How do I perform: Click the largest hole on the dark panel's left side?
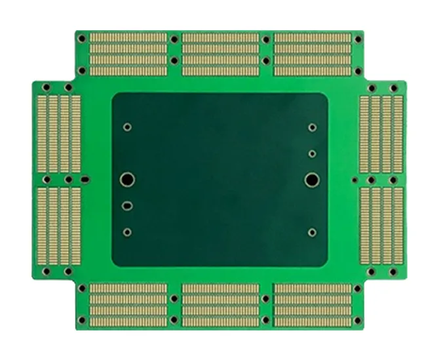click(x=126, y=178)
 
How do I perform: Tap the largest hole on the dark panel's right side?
click(x=311, y=178)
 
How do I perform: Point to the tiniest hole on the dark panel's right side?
click(x=313, y=154)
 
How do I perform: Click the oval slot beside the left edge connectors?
click(x=85, y=178)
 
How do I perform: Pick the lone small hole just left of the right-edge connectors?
click(x=354, y=179)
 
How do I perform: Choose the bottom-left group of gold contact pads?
click(x=128, y=304)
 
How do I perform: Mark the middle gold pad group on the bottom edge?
click(x=220, y=304)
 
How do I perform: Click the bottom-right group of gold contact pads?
click(x=313, y=304)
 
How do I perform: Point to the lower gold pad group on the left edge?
click(x=58, y=224)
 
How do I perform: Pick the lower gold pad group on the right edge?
click(x=382, y=224)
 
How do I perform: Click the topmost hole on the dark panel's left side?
click(x=127, y=127)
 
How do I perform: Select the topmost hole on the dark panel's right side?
click(x=313, y=128)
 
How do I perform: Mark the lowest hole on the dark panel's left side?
click(x=126, y=231)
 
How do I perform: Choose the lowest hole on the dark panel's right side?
click(x=312, y=231)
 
